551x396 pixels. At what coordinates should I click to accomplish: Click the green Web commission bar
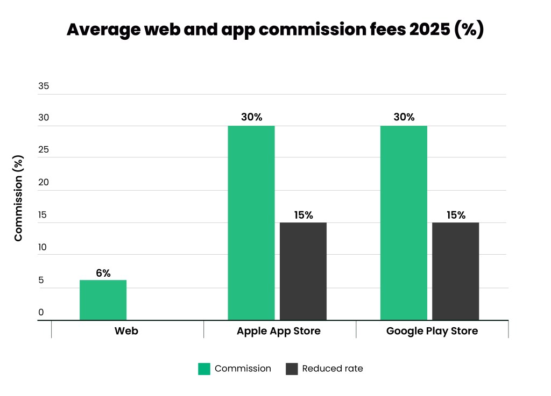103,300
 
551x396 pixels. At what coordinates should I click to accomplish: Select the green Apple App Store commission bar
251,223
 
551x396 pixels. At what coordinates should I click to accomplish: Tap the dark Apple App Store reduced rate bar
303,271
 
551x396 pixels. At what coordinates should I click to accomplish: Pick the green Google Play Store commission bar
404,223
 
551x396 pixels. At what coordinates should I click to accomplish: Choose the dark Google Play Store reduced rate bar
455,271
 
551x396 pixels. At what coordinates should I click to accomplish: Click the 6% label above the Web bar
103,273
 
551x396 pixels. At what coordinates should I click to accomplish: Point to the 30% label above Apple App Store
251,117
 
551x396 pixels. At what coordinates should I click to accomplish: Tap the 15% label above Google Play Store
456,215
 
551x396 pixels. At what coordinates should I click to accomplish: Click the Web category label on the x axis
126,331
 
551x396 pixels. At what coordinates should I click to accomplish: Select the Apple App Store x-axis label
279,331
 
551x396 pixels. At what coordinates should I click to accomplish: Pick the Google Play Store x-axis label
432,331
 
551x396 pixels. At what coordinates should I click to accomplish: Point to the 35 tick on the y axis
43,85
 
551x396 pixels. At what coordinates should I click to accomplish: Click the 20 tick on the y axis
43,183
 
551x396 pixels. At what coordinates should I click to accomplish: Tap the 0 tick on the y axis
41,313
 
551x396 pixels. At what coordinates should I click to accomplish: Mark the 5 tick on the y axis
41,280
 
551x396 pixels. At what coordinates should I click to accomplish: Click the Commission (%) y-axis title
18,198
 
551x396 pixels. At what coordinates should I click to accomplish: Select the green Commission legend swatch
204,369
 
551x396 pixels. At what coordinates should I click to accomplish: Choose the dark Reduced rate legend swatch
291,369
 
